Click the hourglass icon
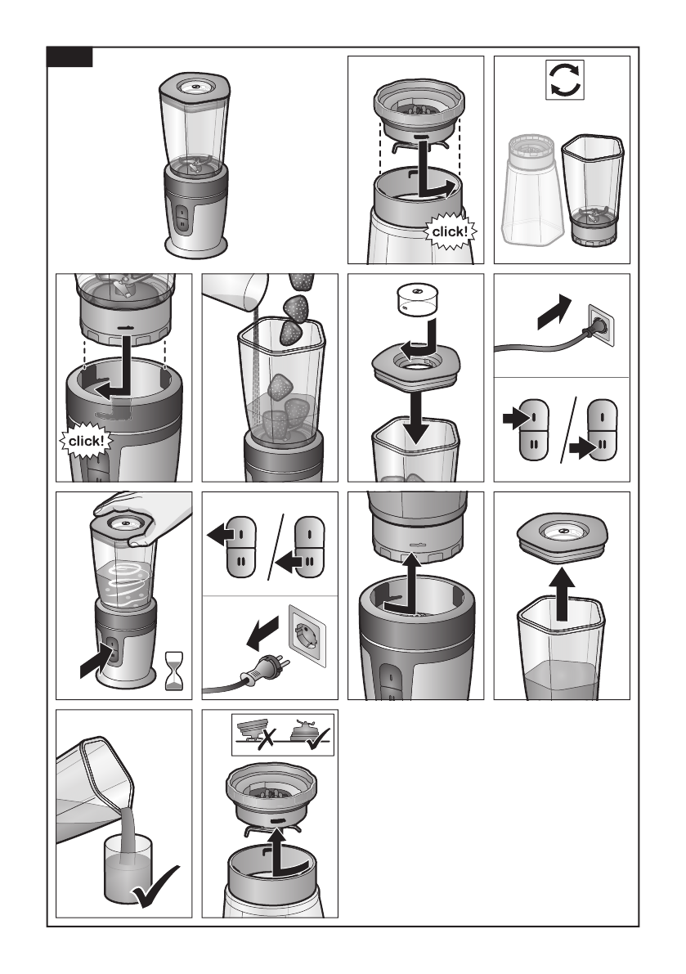click(x=174, y=671)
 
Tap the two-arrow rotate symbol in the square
click(x=565, y=79)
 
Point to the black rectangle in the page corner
click(x=69, y=57)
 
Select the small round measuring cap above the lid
click(x=416, y=299)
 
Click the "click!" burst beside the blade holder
click(x=451, y=231)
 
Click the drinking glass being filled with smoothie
click(x=128, y=868)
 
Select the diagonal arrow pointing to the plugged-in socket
click(x=554, y=312)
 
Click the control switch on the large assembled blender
click(x=182, y=218)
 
